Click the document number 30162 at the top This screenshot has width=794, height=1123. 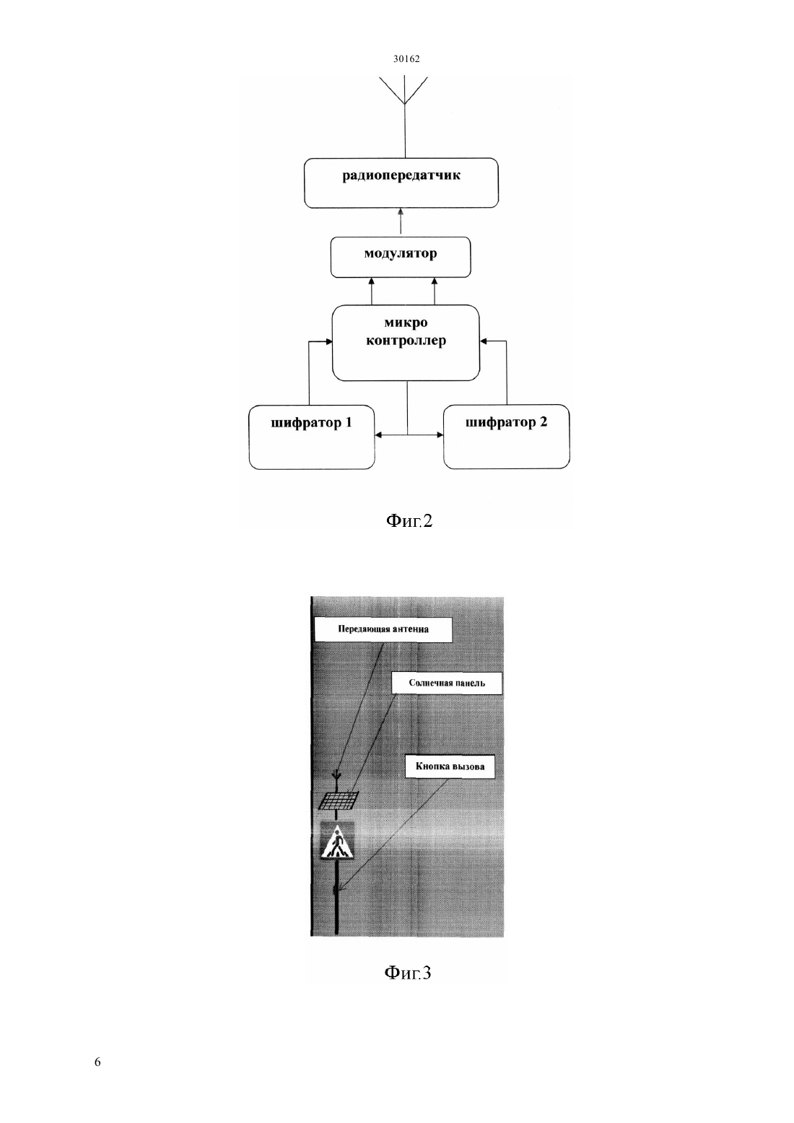(x=406, y=58)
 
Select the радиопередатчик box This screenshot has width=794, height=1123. (x=401, y=183)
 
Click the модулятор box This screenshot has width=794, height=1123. (x=401, y=257)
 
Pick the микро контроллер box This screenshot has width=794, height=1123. (x=406, y=342)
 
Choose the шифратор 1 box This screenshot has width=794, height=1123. (x=312, y=437)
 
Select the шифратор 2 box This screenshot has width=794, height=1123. (x=506, y=437)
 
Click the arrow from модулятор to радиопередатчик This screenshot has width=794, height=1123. (x=401, y=222)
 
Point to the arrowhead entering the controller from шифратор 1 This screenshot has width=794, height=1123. (x=329, y=341)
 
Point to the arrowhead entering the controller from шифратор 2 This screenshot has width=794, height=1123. (x=484, y=341)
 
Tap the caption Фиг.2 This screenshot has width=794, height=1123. (x=409, y=521)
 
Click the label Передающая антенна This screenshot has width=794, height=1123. (x=383, y=629)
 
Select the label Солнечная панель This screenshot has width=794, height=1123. (x=447, y=683)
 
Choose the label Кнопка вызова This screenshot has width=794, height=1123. (x=450, y=766)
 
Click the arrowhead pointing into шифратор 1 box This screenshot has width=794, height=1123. (x=379, y=435)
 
